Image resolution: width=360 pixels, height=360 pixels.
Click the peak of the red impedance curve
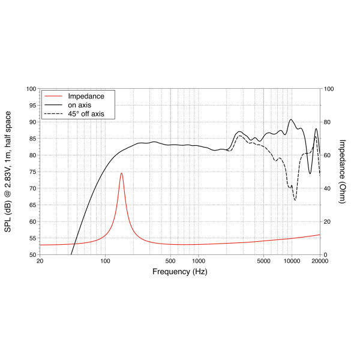coord(121,173)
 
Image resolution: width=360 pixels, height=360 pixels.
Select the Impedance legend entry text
coord(86,96)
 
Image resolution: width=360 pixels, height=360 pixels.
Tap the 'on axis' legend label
coord(80,105)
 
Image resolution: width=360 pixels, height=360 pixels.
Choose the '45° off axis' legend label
coord(86,113)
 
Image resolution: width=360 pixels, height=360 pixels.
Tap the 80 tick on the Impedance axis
coord(327,122)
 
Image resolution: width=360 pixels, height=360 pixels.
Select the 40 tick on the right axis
coord(327,188)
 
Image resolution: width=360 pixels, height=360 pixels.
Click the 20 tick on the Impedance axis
coord(327,221)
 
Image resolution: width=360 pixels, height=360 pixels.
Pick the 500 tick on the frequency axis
coord(170,261)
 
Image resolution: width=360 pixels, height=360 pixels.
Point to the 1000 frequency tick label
coord(199,261)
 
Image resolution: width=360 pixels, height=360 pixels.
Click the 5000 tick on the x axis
coord(263,261)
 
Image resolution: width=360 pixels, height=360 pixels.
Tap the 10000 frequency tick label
coord(292,261)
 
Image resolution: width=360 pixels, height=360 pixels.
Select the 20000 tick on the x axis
coord(320,261)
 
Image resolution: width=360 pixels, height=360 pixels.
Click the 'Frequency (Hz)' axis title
coord(180,272)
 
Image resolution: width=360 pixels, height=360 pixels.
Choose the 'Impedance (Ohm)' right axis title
coord(343,172)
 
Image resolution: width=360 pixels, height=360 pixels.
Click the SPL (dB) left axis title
coord(8,172)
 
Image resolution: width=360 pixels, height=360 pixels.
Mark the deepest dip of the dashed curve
coord(295,200)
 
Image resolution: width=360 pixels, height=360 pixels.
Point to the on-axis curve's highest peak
coord(291,119)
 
